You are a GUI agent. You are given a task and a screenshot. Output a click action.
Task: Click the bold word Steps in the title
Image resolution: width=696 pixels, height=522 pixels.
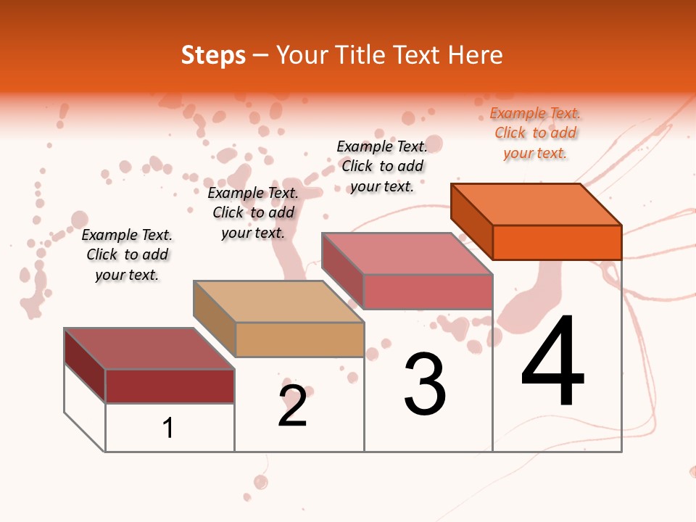[x=213, y=55]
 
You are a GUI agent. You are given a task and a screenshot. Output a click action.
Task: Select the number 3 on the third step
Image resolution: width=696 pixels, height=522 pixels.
[x=425, y=384]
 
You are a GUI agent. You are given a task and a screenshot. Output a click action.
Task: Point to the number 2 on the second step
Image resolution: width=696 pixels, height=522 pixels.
[x=293, y=407]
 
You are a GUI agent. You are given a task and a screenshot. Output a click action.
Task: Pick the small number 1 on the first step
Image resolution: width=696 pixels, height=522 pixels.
[x=168, y=428]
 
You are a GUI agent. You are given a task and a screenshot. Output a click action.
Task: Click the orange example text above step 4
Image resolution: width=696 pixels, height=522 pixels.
[x=535, y=133]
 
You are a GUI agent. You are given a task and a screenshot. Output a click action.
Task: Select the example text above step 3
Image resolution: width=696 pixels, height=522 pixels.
[x=382, y=166]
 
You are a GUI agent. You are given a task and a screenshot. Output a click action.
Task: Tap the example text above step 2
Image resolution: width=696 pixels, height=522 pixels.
[x=253, y=212]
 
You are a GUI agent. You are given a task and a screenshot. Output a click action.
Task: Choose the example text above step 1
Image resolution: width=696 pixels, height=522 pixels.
[x=127, y=254]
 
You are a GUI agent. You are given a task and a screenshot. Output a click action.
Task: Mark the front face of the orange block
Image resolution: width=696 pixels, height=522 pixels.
[x=557, y=242]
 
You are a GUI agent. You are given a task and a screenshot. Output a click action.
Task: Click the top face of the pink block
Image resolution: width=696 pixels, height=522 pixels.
[x=407, y=254]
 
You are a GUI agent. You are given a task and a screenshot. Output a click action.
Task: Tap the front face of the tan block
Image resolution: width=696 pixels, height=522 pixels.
[x=299, y=339]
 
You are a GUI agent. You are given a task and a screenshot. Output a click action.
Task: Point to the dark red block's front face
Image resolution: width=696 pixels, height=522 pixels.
[x=170, y=386]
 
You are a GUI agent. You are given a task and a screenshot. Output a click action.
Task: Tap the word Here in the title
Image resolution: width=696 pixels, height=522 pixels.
[x=475, y=55]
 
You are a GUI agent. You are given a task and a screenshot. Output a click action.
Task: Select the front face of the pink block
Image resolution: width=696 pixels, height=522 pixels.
[x=428, y=291]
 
